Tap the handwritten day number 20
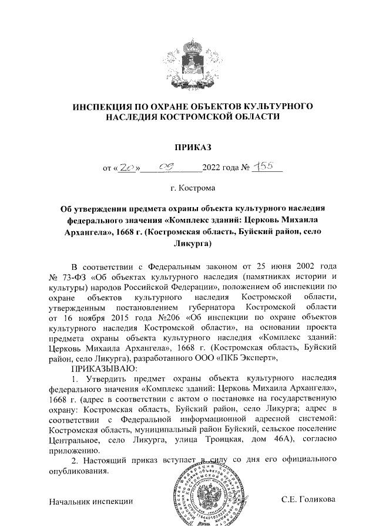(128, 169)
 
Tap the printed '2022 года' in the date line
(221, 169)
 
